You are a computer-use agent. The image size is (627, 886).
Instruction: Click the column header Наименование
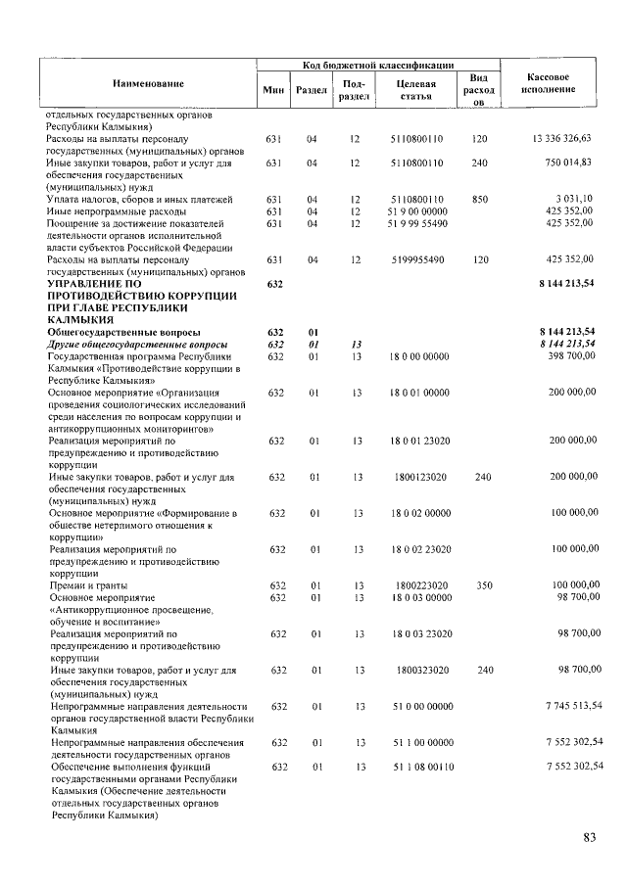(x=147, y=84)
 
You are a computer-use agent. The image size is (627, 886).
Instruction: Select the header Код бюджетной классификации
(x=377, y=64)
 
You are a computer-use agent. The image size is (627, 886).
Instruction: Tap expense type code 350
(x=479, y=584)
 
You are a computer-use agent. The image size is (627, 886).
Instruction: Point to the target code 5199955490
(x=416, y=259)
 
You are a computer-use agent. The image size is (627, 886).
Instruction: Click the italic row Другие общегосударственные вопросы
(x=137, y=345)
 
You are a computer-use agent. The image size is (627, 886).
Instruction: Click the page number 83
(x=590, y=837)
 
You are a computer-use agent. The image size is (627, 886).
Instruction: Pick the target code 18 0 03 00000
(x=416, y=596)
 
